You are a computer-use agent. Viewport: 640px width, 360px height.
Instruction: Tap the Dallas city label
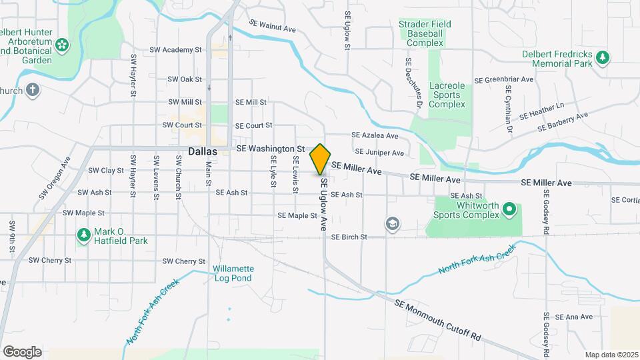[203, 151]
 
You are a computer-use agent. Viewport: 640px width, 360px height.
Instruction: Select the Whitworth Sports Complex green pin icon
[510, 211]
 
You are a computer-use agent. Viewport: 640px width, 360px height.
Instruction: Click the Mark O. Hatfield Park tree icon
[83, 235]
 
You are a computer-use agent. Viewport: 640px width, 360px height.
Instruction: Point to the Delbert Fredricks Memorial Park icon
[603, 57]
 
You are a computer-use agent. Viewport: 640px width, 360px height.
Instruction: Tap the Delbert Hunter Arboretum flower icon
[62, 45]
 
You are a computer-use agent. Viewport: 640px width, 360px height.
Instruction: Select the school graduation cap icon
[393, 224]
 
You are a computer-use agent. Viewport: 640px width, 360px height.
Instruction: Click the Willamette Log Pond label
[233, 273]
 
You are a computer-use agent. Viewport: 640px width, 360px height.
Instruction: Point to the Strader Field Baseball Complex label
[425, 33]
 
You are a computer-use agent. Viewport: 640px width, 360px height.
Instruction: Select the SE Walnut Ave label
[272, 26]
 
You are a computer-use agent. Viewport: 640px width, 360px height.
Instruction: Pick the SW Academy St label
[175, 49]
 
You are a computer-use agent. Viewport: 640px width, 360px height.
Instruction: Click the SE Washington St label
[270, 149]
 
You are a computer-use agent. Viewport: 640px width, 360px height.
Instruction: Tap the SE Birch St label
[349, 237]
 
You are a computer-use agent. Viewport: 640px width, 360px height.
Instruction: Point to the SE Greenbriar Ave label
[504, 79]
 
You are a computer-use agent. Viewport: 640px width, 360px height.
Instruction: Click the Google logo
[22, 351]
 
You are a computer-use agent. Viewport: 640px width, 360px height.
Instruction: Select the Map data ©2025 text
[610, 355]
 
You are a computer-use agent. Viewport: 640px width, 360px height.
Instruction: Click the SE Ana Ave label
[573, 317]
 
